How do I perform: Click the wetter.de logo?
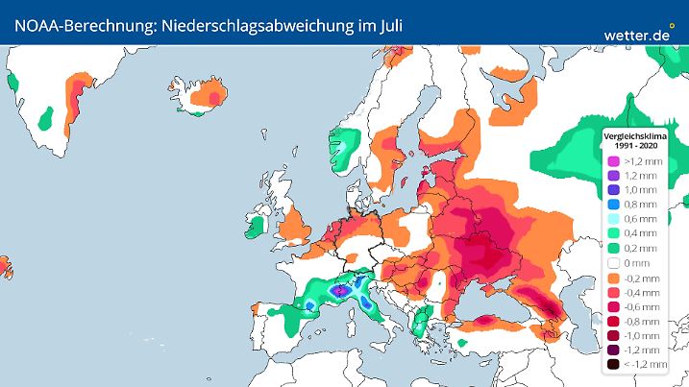[x=637, y=35]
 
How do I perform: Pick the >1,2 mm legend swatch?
[x=611, y=160]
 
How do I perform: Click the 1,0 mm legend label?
[x=640, y=190]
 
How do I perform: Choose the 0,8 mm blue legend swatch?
[x=611, y=205]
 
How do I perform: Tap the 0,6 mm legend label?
[x=640, y=219]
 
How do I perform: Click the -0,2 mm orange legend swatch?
[x=611, y=278]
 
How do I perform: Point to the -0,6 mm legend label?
[x=642, y=306]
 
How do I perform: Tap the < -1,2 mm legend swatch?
[x=611, y=365]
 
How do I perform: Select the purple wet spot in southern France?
[x=338, y=289]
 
